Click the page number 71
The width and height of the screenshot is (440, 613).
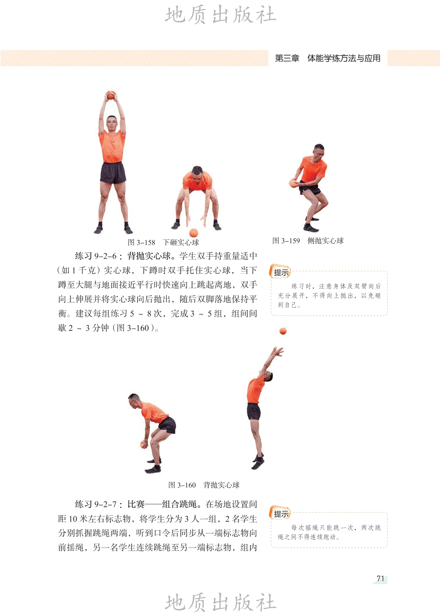[380, 579]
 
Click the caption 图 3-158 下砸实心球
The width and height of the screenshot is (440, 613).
[163, 242]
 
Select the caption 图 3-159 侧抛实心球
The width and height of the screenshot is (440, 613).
[308, 241]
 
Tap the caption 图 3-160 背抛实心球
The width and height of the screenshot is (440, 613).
[204, 485]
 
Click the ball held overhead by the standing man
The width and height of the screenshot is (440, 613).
[111, 95]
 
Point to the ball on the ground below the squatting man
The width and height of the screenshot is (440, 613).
[194, 233]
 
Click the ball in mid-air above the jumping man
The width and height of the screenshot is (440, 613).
[283, 331]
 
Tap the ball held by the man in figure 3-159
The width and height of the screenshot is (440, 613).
[293, 183]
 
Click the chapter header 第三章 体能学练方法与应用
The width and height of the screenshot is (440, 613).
[328, 58]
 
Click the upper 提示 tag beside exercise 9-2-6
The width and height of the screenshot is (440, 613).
[280, 272]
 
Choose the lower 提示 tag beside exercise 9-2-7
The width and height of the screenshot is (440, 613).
[280, 513]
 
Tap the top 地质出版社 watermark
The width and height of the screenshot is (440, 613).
[220, 15]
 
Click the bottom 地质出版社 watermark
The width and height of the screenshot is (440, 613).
[220, 602]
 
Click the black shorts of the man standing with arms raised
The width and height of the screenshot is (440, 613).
[113, 173]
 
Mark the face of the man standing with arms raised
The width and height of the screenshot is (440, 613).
[112, 124]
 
